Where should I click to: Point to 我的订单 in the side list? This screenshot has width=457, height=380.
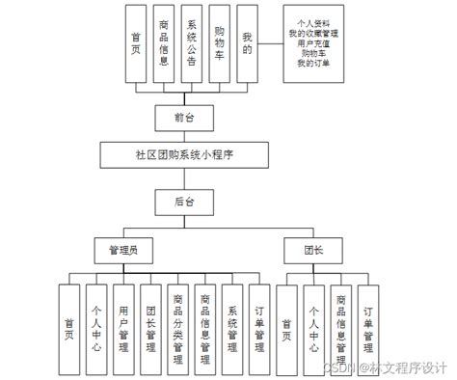tap(314, 65)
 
